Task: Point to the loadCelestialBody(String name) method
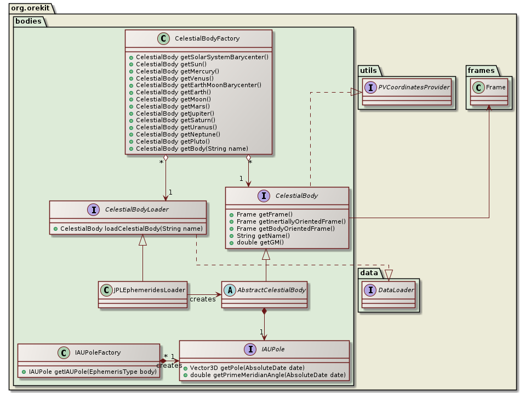(x=130, y=228)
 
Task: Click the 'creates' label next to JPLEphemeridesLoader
(x=203, y=299)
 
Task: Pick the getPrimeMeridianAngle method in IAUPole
(x=267, y=375)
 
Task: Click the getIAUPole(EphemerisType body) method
(x=92, y=372)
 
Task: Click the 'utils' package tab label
(x=368, y=70)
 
